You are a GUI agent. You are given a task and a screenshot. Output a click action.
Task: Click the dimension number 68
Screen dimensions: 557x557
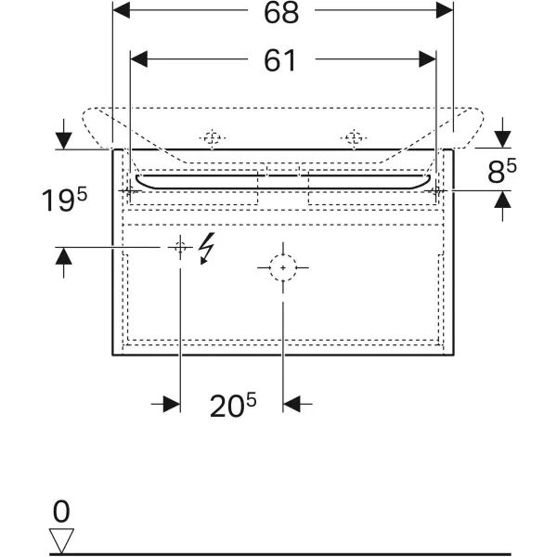[x=281, y=13]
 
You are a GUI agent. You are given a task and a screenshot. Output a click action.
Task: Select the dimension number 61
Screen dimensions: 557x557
[x=279, y=60]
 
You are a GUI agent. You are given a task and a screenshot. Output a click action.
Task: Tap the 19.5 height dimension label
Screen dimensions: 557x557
[x=64, y=200]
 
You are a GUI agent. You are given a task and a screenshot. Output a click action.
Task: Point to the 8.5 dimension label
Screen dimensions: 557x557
[x=502, y=171]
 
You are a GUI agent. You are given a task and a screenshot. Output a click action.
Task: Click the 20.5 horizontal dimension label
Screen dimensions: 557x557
[x=233, y=405]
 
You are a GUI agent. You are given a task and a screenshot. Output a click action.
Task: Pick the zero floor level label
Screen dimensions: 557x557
[x=61, y=512]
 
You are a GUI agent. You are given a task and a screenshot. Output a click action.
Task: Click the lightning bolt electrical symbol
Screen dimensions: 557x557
[x=206, y=248]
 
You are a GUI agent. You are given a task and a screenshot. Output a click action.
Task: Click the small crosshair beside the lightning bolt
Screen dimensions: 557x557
[x=180, y=247]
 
